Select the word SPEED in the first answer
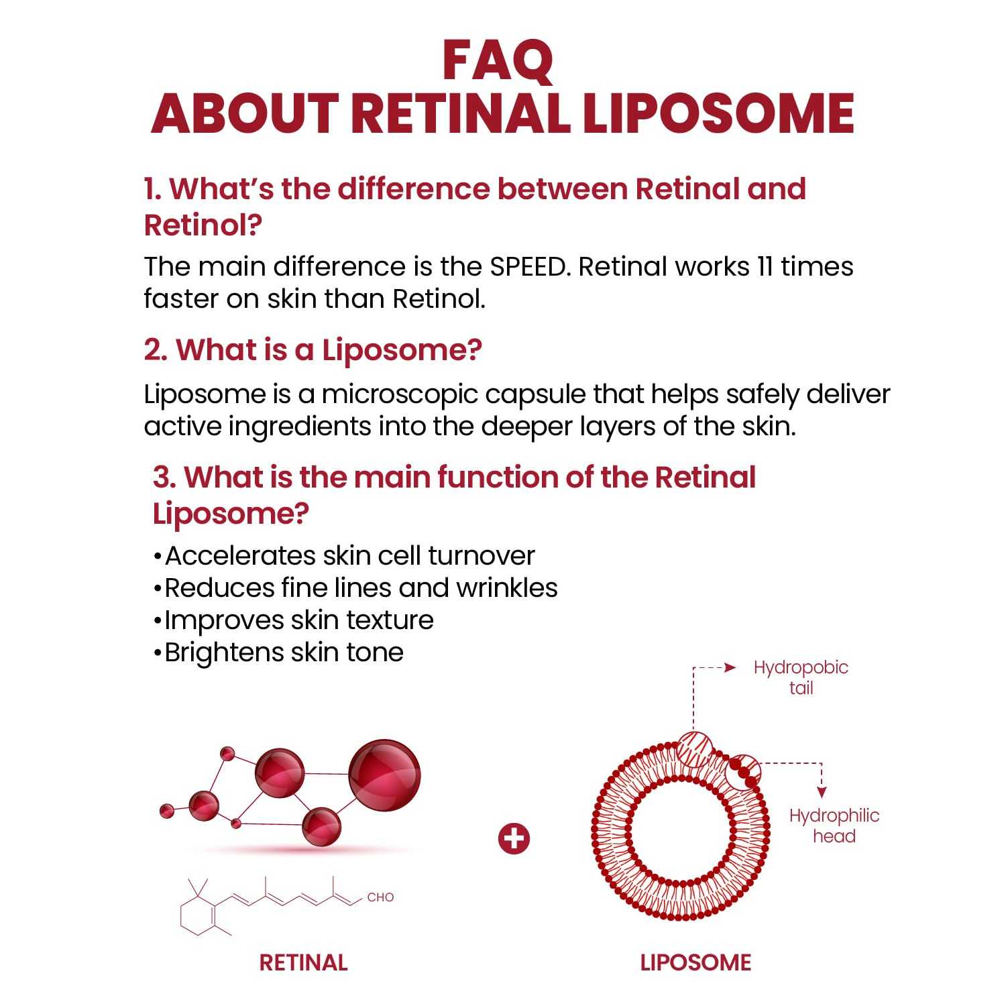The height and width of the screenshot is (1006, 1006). point(528,267)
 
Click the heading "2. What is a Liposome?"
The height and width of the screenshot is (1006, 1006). point(313,350)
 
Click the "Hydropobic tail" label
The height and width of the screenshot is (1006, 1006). point(801,677)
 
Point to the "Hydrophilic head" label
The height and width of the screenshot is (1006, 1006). point(834,826)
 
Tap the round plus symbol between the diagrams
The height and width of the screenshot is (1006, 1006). point(514,839)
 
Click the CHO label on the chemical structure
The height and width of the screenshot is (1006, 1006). point(380,897)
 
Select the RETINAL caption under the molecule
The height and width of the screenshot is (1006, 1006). point(303,963)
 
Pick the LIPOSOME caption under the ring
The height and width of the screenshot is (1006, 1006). point(695,963)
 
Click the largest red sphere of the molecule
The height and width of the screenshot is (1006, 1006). point(384,775)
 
